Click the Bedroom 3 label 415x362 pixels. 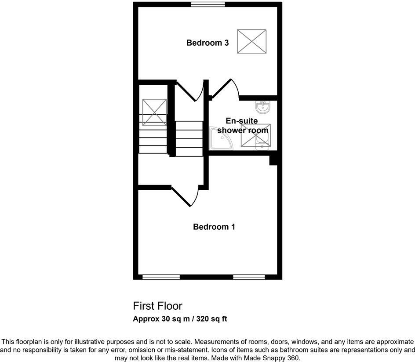tap(207, 43)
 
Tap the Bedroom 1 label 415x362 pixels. tap(214, 227)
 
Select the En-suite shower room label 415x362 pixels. tap(242, 125)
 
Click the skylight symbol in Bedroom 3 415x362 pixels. tap(252, 41)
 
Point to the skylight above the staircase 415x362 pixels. tap(154, 112)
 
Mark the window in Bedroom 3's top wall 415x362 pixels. tap(208, 4)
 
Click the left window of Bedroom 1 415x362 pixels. tap(161, 277)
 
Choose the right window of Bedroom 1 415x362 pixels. tap(249, 277)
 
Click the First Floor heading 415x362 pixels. tap(157, 306)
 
